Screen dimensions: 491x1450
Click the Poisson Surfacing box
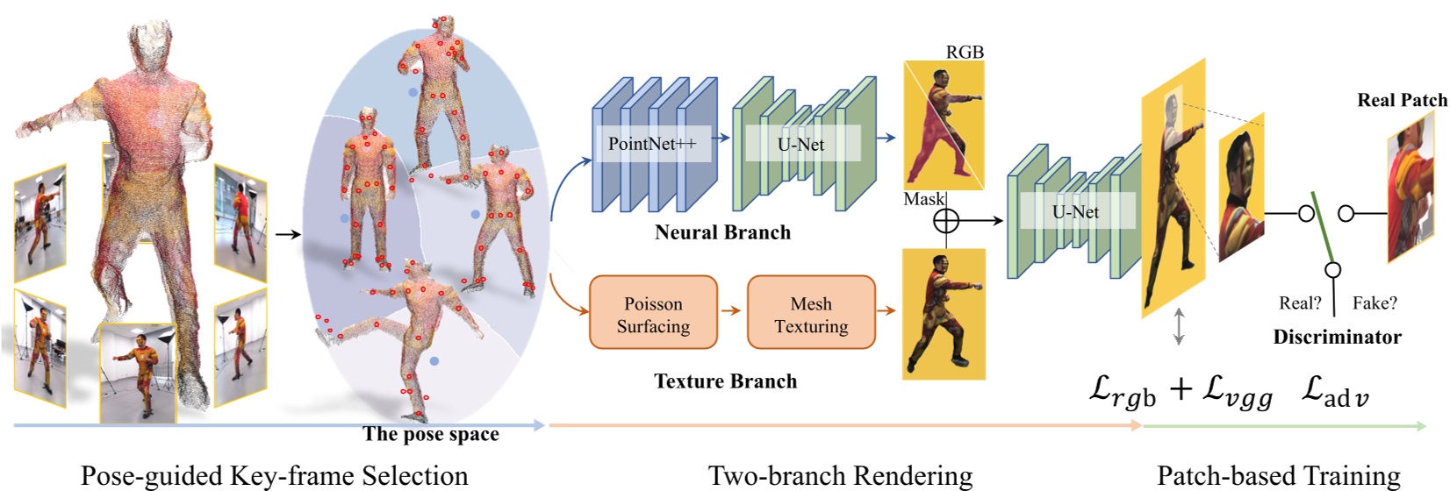(653, 315)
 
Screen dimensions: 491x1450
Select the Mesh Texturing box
(811, 315)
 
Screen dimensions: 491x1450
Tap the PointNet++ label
(651, 145)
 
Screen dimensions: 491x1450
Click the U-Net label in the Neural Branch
(800, 145)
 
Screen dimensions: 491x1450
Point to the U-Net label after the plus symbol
(1075, 211)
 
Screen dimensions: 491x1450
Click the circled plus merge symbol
(945, 220)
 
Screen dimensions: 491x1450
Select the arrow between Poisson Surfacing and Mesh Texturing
(731, 310)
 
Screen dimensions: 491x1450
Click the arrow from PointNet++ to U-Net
(721, 138)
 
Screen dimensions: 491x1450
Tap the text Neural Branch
(722, 232)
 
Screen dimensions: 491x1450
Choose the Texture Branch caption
(725, 381)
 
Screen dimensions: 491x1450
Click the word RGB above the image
(965, 53)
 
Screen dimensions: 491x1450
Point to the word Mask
(923, 200)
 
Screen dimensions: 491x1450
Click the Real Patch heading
(1402, 100)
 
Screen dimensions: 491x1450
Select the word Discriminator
(1337, 337)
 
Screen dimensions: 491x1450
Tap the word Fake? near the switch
(1375, 303)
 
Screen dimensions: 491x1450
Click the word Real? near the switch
(1300, 303)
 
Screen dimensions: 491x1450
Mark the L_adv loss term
(1334, 391)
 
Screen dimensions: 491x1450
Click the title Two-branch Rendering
(840, 476)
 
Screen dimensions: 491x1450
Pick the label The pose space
(431, 434)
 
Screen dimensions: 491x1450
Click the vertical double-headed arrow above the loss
(1179, 326)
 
